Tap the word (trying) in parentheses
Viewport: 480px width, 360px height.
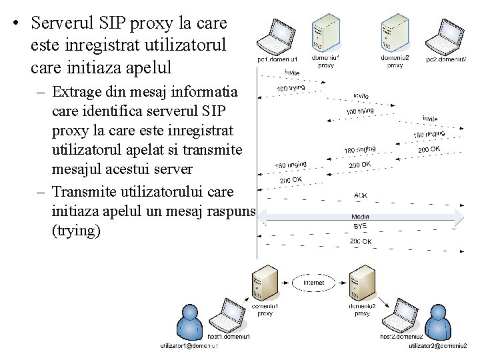[x=75, y=230]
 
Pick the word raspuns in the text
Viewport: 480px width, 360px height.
[x=226, y=212]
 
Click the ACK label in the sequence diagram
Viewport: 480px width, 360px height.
[x=360, y=195]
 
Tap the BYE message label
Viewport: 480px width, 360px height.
[x=360, y=227]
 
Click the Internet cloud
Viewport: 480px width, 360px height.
[x=313, y=283]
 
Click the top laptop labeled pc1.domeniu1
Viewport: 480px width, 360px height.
[x=275, y=37]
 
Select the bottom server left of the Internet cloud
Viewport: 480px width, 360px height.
[x=265, y=285]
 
